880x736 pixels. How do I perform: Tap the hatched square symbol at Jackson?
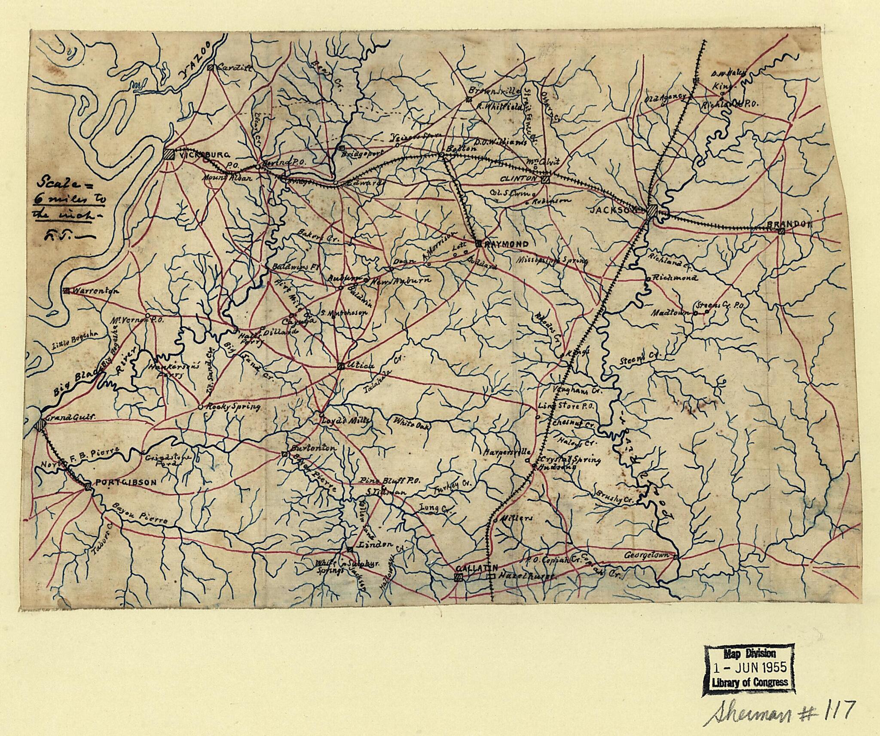coord(652,211)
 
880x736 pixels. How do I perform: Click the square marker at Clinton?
coord(546,180)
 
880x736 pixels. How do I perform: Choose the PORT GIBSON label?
coord(125,483)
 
